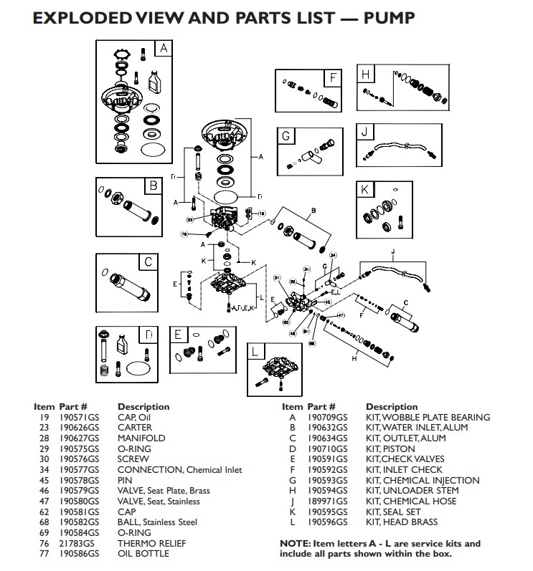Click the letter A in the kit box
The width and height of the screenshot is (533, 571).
pos(163,49)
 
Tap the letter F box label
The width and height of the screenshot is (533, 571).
pos(334,77)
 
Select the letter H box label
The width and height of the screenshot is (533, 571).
pos(365,75)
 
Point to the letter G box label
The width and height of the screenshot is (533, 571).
pos(286,135)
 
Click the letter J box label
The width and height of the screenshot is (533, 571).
pos(365,132)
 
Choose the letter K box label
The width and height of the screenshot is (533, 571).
pos(365,190)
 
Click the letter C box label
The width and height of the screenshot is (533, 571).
pos(148,261)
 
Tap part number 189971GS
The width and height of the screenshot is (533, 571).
pos(327,502)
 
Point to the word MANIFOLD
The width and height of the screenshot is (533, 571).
pos(141,438)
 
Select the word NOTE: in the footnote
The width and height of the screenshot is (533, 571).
pos(294,544)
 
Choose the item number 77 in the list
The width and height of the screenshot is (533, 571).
pos(44,554)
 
